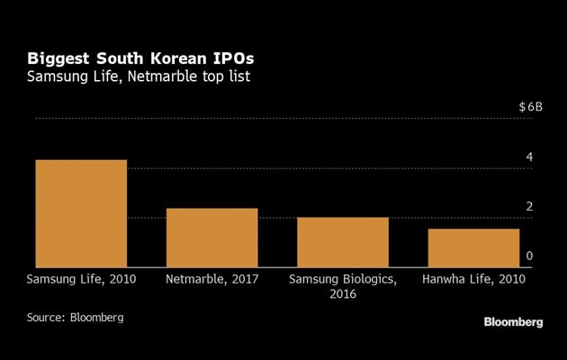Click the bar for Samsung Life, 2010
coord(81,214)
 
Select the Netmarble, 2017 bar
coord(212,238)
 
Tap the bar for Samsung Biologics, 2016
coord(343,243)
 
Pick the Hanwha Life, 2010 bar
coord(474,248)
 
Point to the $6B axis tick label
coord(531,107)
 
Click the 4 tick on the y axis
coord(529,157)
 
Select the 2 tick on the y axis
coord(529,207)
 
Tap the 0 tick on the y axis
coord(529,256)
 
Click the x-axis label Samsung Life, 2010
coord(81,280)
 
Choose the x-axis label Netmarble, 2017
coord(212,280)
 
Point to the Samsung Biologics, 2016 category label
coord(343,287)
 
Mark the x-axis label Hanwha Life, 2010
coord(474,280)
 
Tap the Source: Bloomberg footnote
coord(75,318)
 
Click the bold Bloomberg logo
coord(513,322)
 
